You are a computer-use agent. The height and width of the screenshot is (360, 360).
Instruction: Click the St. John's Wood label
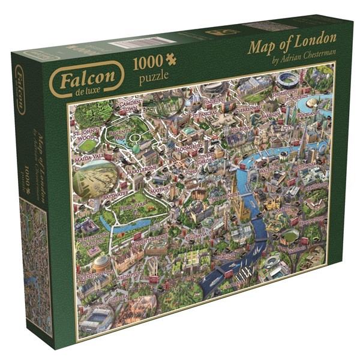pyautogui.click(x=85, y=133)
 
